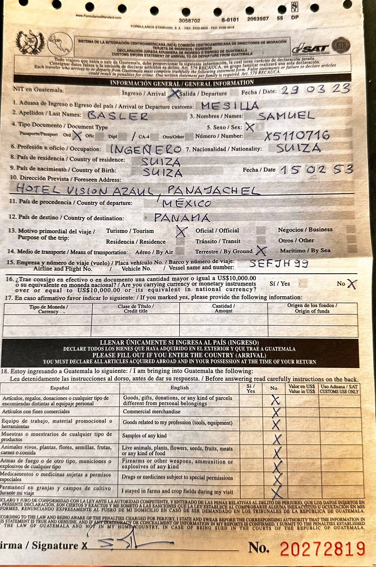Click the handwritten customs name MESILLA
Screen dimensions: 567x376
coord(230,106)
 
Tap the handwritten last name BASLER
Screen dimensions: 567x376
coord(117,116)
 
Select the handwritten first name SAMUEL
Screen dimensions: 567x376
coord(285,116)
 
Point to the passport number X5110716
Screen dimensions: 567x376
coord(297,136)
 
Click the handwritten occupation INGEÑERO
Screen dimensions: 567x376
coord(145,149)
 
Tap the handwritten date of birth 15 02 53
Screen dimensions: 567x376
coord(316,170)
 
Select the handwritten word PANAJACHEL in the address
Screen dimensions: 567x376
coord(213,191)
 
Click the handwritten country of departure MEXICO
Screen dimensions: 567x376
coord(187,204)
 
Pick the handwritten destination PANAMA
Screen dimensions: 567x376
coord(182,217)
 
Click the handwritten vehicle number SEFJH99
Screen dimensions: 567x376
coord(278,263)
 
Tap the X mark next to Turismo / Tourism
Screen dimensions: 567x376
coord(181,231)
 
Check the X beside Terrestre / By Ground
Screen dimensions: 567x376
coord(261,250)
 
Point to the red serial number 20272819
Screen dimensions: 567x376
coord(322,548)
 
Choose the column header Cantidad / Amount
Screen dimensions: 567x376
coord(223,308)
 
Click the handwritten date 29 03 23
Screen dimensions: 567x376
coord(315,89)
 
